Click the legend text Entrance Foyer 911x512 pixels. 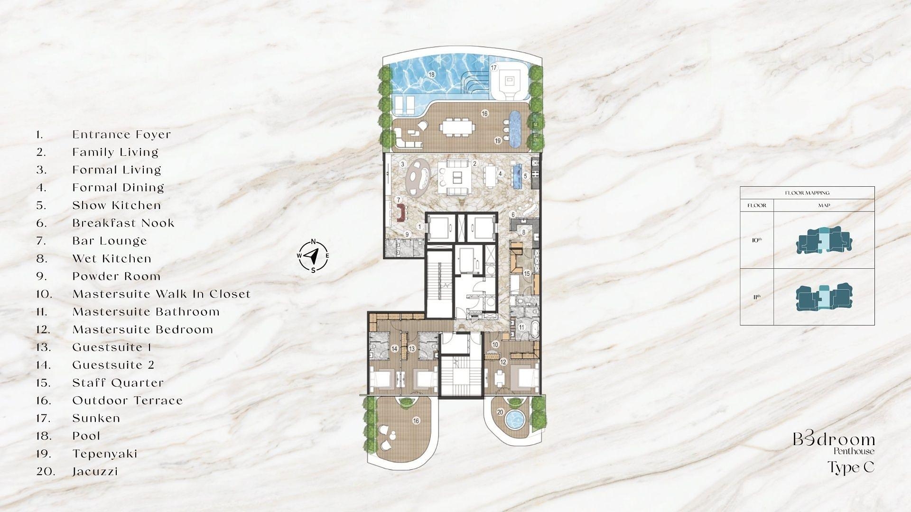pyautogui.click(x=121, y=135)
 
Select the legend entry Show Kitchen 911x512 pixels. pyautogui.click(x=117, y=206)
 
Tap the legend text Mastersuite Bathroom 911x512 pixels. pyautogui.click(x=146, y=312)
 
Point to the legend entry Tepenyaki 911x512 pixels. pyautogui.click(x=105, y=454)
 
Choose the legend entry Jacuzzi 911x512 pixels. pyautogui.click(x=95, y=472)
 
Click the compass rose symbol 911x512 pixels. pyautogui.click(x=313, y=256)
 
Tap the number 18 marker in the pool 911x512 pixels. pyautogui.click(x=431, y=74)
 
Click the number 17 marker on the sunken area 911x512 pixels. pyautogui.click(x=493, y=68)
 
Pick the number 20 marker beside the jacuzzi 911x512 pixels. pyautogui.click(x=500, y=412)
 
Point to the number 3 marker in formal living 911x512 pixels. pyautogui.click(x=402, y=165)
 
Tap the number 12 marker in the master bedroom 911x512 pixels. pyautogui.click(x=503, y=362)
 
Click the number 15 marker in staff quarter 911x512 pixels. pyautogui.click(x=527, y=274)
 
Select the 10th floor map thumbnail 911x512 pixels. pyautogui.click(x=824, y=240)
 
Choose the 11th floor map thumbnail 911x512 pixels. pyautogui.click(x=824, y=297)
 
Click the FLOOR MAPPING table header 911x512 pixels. pyautogui.click(x=807, y=193)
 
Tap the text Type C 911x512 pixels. pyautogui.click(x=851, y=467)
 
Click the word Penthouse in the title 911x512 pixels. pyautogui.click(x=854, y=451)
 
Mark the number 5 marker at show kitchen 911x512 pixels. pyautogui.click(x=525, y=176)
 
